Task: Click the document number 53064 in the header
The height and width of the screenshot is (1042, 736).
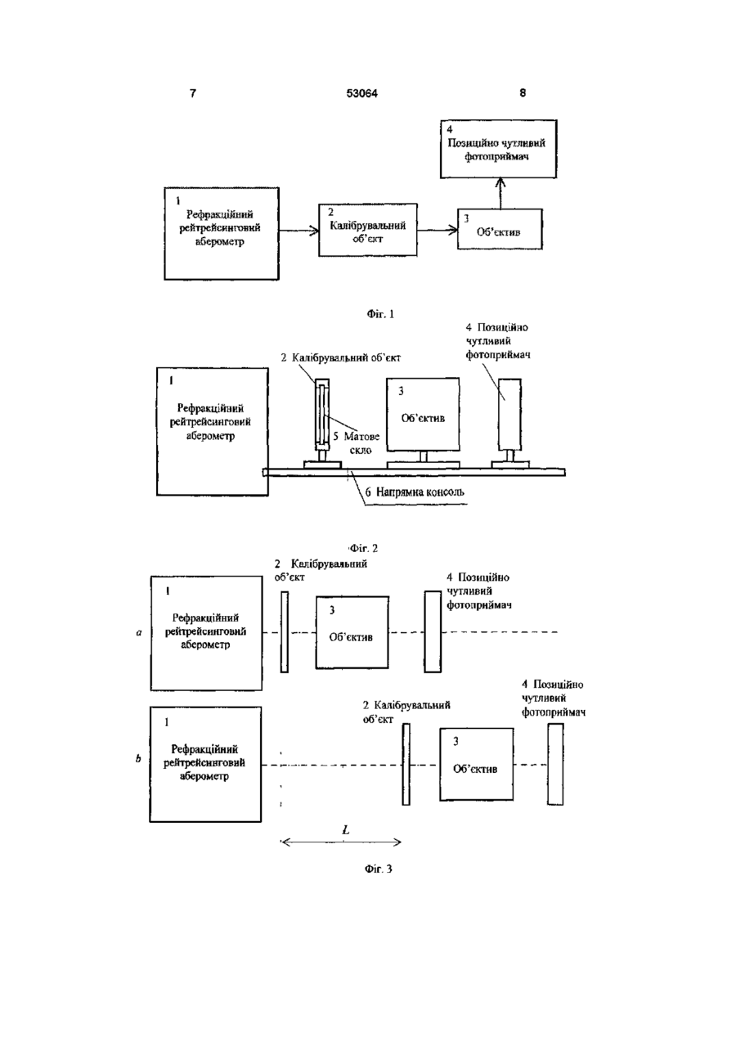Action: coord(361,93)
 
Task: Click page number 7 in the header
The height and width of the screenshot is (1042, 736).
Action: coord(193,93)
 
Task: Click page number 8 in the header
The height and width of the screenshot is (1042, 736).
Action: coord(523,93)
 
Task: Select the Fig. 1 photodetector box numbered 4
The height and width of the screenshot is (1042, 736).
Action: coord(498,149)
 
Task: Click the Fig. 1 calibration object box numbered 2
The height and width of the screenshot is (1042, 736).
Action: coord(367,230)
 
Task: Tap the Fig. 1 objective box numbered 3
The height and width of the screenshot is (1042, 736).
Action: coord(500,229)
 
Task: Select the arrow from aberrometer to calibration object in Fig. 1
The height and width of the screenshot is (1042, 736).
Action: coord(298,230)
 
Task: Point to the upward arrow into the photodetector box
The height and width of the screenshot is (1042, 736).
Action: coord(500,193)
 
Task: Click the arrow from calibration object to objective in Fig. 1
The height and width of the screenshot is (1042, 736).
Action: coord(438,229)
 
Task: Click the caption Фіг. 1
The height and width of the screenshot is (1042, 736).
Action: coord(380,314)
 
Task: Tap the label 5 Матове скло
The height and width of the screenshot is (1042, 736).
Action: coord(357,442)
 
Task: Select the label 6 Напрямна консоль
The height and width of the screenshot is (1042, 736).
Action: coord(415,492)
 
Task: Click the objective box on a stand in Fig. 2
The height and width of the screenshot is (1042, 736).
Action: coord(423,414)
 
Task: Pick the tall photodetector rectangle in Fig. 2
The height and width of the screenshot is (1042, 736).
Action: coord(509,414)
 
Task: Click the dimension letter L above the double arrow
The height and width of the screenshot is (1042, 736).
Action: coord(346,829)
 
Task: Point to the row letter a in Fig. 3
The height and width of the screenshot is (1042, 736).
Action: coord(139,633)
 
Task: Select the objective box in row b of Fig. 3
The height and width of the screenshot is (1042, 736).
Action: coord(477,764)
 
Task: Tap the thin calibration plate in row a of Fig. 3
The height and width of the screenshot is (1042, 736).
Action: coord(285,631)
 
